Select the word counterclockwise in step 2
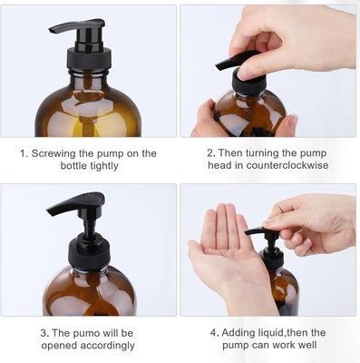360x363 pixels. (x=287, y=165)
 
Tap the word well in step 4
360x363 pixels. (x=307, y=345)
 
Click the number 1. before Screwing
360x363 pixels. (x=24, y=153)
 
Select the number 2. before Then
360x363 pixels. (x=211, y=153)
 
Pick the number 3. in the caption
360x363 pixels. (x=44, y=333)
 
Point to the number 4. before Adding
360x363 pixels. (x=214, y=333)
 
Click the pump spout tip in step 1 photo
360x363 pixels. (x=52, y=30)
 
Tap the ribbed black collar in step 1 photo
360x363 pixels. (x=89, y=58)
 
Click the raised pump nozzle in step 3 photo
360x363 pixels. (x=76, y=203)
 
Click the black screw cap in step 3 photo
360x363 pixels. (x=89, y=252)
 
